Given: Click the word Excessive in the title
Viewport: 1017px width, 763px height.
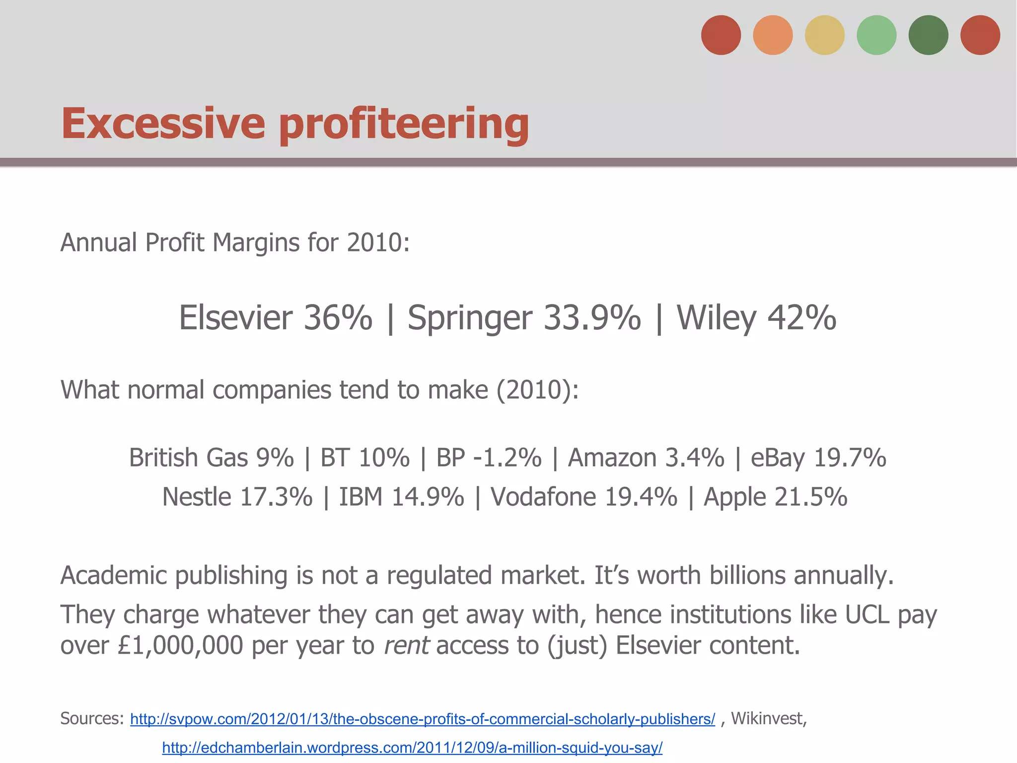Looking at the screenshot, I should pos(163,123).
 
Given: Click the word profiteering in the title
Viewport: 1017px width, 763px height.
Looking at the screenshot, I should pos(404,124).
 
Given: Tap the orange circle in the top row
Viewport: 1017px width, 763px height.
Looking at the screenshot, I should pos(773,35).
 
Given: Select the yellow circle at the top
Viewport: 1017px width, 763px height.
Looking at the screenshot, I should pos(824,35).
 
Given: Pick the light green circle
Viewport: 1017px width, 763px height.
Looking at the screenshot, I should pos(876,35).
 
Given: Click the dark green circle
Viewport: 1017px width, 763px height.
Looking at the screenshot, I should pos(928,35).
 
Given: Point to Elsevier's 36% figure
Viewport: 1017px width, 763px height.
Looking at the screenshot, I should pos(338,318).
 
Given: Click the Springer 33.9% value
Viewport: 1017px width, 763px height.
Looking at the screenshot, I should pos(592,318).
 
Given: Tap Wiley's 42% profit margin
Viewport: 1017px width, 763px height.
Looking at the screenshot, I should pos(801,318).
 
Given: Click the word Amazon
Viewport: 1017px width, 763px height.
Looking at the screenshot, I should pos(612,458).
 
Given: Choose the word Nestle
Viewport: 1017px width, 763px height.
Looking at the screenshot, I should pos(197,497).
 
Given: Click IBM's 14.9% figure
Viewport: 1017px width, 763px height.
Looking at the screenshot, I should pos(428,497).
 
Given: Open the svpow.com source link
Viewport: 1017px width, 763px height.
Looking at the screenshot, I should pos(423,719).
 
